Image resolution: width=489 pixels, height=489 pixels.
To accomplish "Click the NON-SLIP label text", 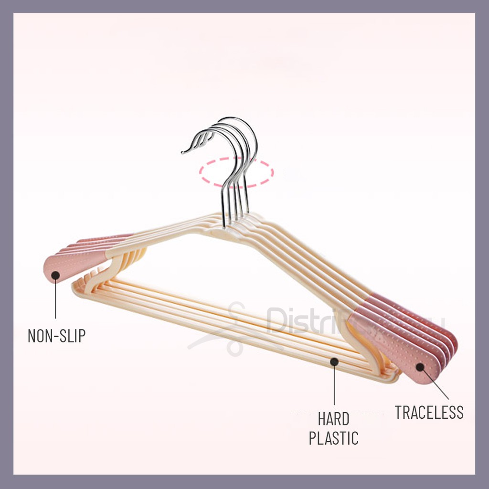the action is [x=56, y=336].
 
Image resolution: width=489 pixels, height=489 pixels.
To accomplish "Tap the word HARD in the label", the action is [x=334, y=420].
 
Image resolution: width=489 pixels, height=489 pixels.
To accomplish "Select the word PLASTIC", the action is [x=334, y=438].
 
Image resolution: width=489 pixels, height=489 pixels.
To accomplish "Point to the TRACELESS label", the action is [x=429, y=412].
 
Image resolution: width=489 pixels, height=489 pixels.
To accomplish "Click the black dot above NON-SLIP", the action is [x=55, y=275].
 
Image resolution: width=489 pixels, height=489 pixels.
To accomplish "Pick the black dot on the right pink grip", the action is [x=420, y=367].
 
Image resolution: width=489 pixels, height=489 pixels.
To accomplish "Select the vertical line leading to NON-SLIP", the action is [x=55, y=298].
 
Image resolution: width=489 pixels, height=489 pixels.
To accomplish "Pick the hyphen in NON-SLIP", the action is [x=57, y=336].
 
